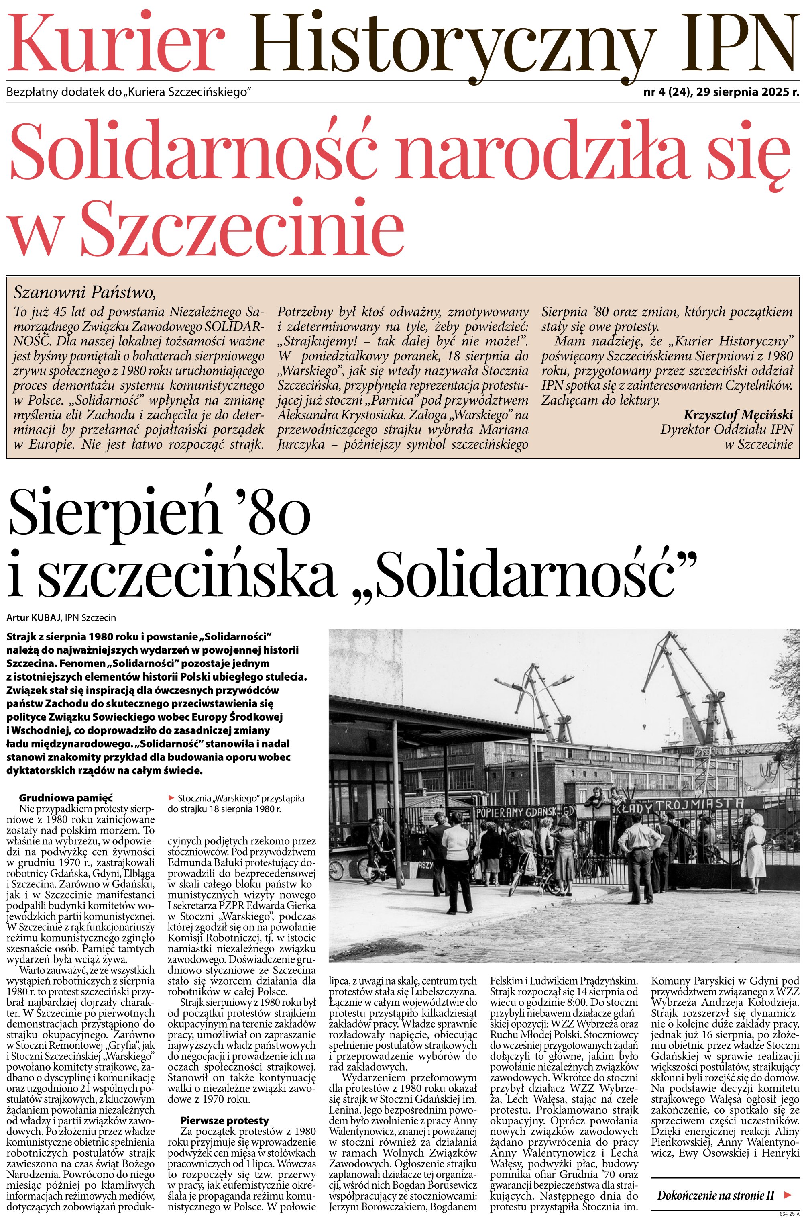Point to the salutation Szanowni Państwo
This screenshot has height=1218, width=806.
84,293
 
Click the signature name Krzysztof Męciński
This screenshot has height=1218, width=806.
738,415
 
